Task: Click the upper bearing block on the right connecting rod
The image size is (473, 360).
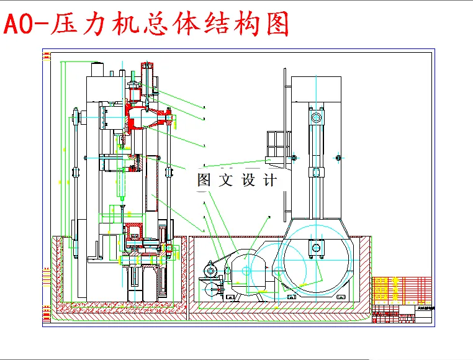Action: (x=316, y=117)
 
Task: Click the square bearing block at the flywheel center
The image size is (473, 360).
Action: (x=317, y=248)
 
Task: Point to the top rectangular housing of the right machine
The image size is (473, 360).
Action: (x=315, y=89)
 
